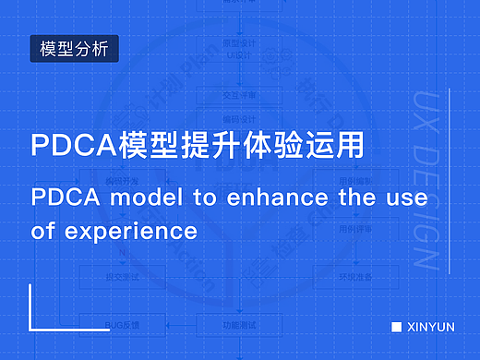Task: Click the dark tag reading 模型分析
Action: coord(75,48)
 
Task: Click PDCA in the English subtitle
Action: coord(63,197)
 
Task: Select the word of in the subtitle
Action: coord(42,229)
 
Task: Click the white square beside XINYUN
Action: coord(396,327)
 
